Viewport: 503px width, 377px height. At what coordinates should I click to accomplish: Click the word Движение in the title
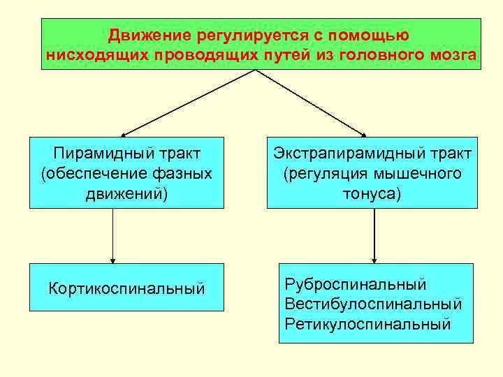click(143, 34)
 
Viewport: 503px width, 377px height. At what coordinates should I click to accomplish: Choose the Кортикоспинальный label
click(126, 287)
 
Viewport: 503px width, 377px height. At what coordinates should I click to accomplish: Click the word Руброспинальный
click(356, 284)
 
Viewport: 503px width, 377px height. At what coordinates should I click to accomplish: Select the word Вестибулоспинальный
click(373, 304)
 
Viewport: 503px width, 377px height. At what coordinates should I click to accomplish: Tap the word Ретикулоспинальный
click(367, 324)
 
